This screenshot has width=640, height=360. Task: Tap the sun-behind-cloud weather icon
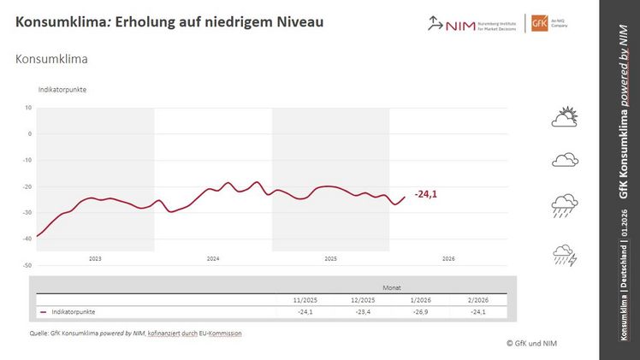566,117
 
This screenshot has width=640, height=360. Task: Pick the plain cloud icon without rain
566,159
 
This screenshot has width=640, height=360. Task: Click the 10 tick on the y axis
28,108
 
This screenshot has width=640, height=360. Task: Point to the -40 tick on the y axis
27,239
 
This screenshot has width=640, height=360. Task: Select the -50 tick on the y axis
27,265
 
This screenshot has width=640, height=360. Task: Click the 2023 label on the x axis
94,257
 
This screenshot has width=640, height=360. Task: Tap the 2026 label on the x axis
448,257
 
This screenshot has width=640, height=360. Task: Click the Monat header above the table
391,288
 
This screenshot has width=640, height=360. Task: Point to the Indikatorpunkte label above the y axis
62,89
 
